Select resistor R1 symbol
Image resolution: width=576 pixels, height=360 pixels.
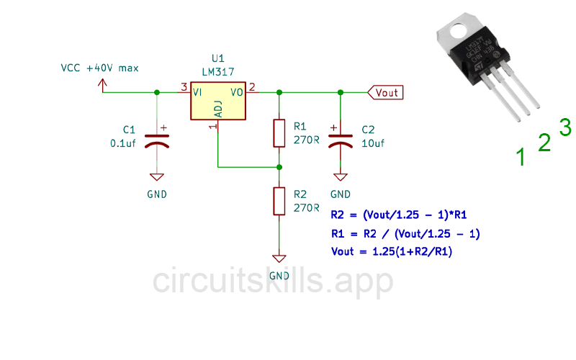pyautogui.click(x=279, y=132)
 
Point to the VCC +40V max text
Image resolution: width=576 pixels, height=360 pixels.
pyautogui.click(x=100, y=68)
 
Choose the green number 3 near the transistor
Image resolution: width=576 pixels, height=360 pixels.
pyautogui.click(x=565, y=127)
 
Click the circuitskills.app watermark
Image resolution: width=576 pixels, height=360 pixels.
pyautogui.click(x=273, y=282)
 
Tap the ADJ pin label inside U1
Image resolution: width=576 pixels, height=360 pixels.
pyautogui.click(x=219, y=110)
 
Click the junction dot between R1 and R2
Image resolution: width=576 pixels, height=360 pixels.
pyautogui.click(x=279, y=167)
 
